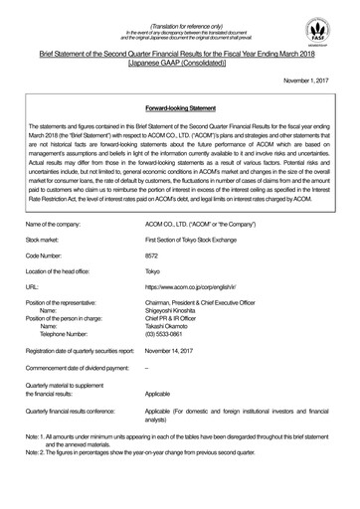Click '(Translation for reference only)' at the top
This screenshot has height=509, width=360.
pyautogui.click(x=180, y=15)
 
